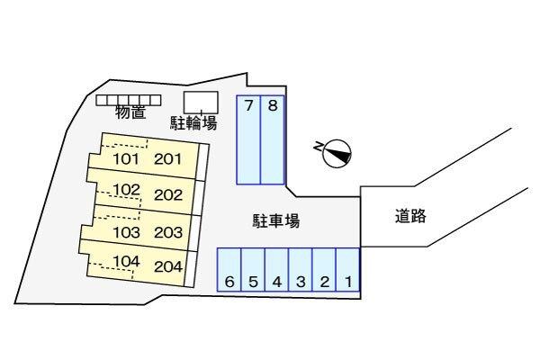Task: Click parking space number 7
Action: click(248, 139)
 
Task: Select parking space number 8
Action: click(273, 139)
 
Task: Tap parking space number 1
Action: click(347, 270)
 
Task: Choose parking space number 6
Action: click(229, 270)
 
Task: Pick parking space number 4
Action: click(276, 270)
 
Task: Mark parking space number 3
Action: click(301, 270)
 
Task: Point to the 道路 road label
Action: click(410, 216)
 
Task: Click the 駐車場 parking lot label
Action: click(276, 220)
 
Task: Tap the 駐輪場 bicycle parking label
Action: click(193, 123)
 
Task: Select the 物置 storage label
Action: click(130, 112)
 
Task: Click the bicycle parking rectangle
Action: click(201, 103)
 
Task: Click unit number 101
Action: click(126, 159)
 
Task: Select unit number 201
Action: click(167, 159)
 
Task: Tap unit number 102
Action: click(126, 190)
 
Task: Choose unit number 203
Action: click(168, 232)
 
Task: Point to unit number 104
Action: click(126, 262)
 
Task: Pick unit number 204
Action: click(168, 266)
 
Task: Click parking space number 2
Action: click(324, 270)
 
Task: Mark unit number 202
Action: click(168, 195)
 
